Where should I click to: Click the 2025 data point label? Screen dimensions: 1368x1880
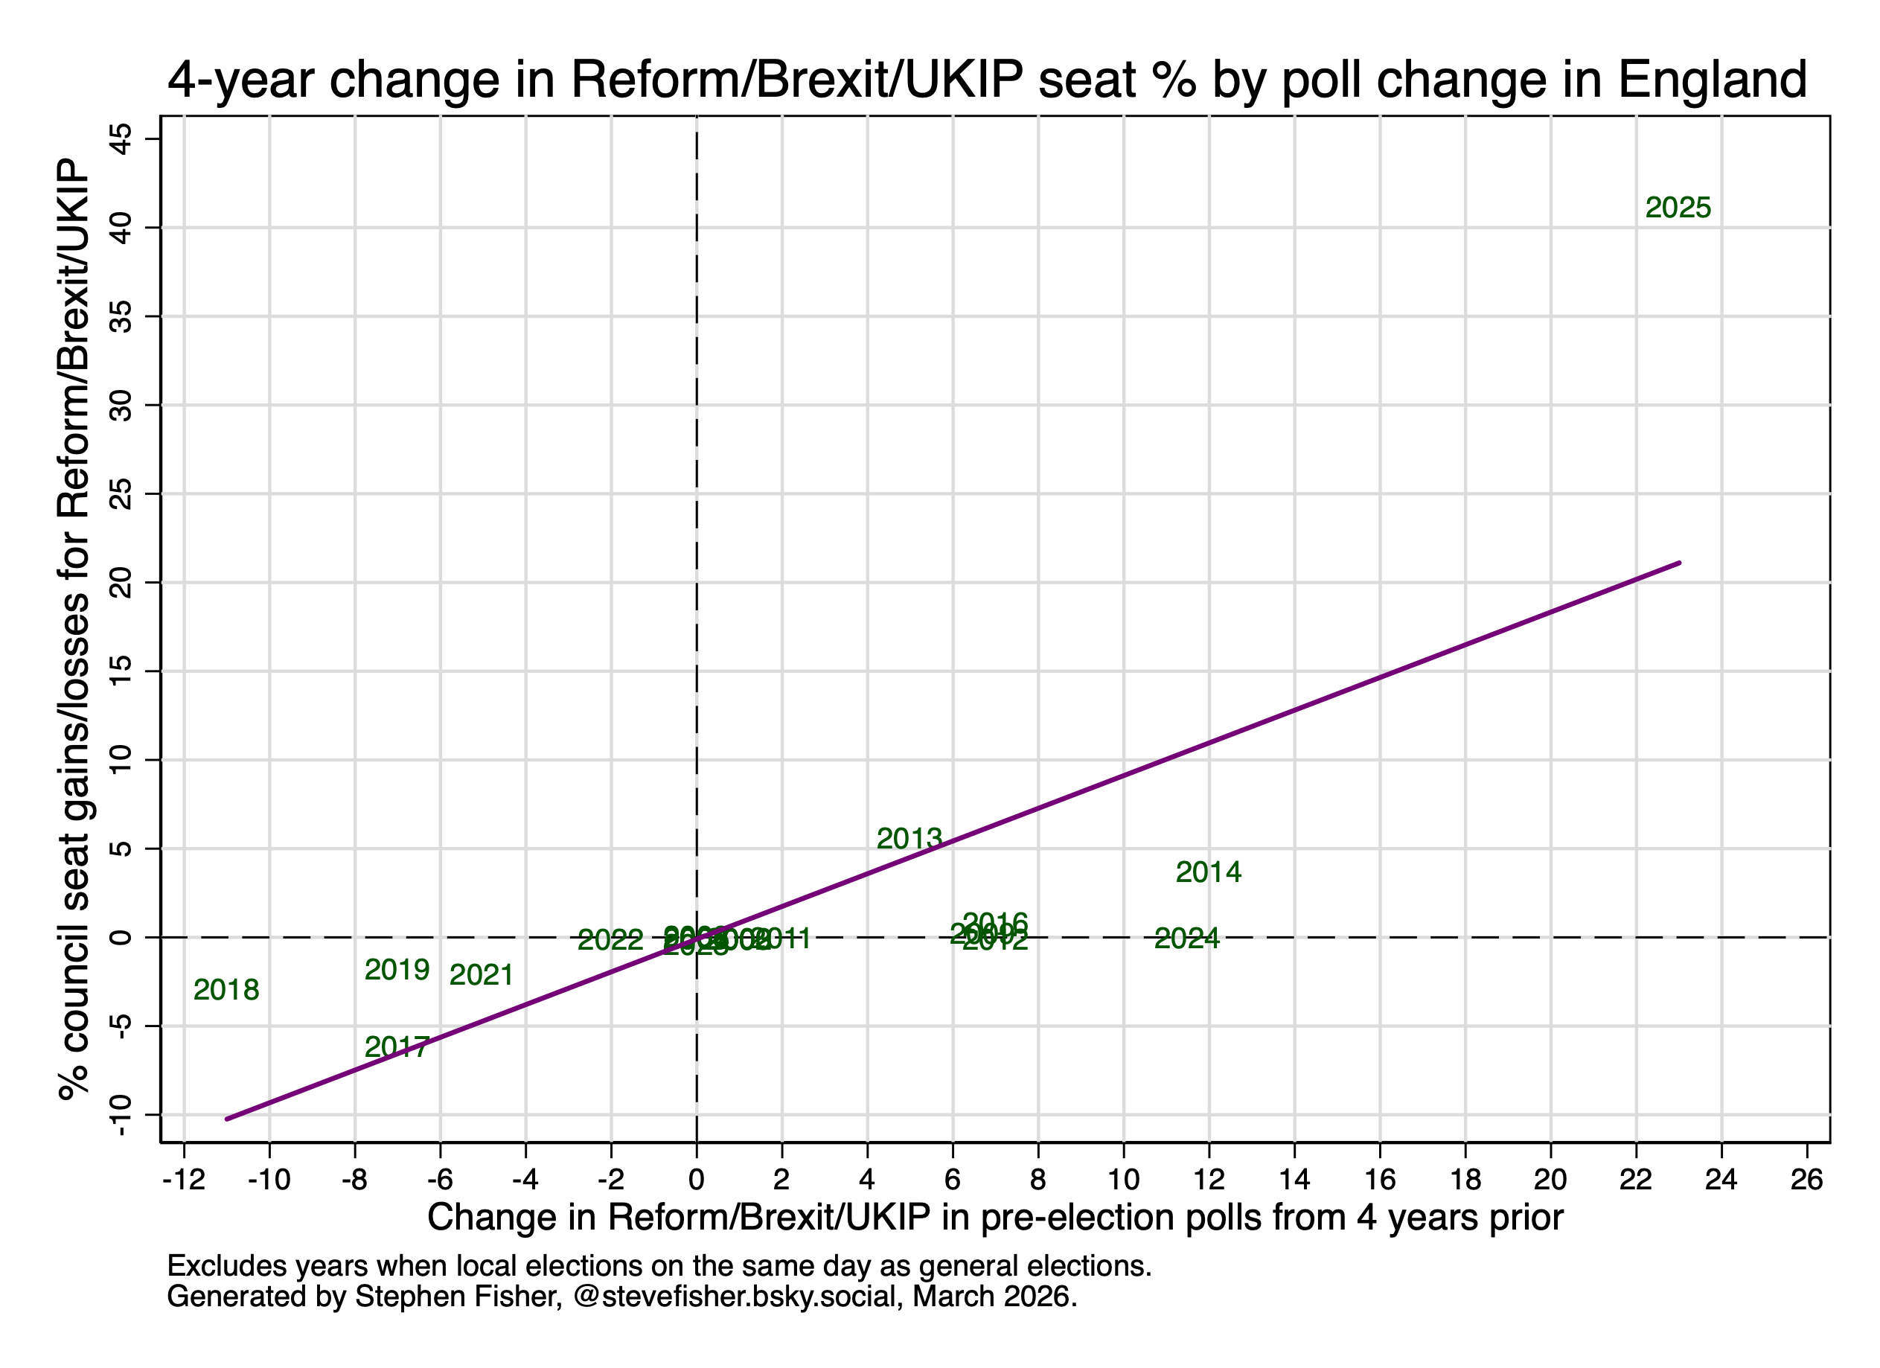(1678, 208)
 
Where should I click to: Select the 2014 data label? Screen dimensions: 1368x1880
(1208, 872)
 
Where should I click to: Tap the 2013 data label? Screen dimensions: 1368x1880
(909, 839)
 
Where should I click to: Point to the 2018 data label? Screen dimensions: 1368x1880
(226, 990)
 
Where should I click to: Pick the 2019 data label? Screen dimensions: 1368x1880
(397, 970)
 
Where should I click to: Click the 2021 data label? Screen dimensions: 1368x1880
(481, 975)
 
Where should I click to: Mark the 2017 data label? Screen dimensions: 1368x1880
(397, 1048)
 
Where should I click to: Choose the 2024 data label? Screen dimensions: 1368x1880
(1186, 939)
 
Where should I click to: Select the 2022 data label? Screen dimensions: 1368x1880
(610, 940)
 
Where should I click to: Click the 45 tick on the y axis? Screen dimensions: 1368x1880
(122, 138)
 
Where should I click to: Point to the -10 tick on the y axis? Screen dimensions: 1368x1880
(122, 1116)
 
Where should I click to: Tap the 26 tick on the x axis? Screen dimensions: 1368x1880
(1806, 1179)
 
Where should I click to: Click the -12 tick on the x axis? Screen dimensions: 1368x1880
(184, 1179)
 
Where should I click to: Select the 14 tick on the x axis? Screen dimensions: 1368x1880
(1294, 1179)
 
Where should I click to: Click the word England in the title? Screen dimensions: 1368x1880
(1712, 80)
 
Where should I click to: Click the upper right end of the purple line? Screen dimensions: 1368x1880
(1678, 563)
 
